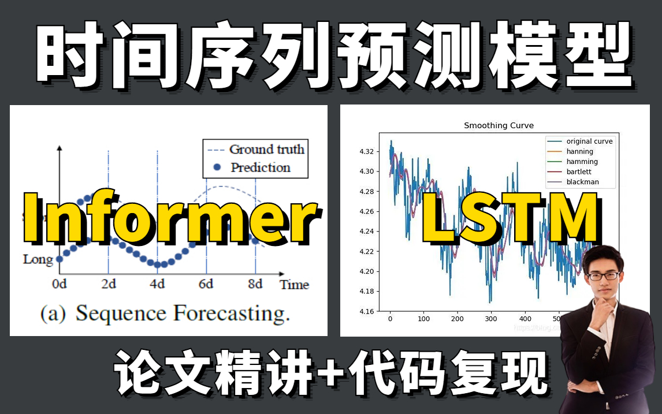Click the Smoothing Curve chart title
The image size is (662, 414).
coord(499,125)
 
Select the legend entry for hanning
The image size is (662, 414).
coord(579,151)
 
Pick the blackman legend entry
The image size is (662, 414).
coord(582,182)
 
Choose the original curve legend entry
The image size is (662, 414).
coord(589,141)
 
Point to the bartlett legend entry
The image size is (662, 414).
coord(579,171)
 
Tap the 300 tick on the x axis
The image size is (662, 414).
coord(491,319)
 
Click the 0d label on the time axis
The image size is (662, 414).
coord(59,284)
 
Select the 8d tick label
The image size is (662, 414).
coord(255,284)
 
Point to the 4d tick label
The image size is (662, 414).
coord(157,284)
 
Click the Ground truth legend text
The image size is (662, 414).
coord(266,149)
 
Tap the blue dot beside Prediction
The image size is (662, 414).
coord(217,167)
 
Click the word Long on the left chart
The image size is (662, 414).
coord(38,259)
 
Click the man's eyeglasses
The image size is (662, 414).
coord(604,275)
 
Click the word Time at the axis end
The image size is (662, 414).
coord(294,284)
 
